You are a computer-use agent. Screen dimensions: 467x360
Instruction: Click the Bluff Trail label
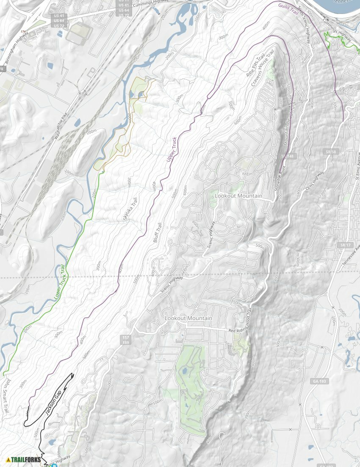(157, 232)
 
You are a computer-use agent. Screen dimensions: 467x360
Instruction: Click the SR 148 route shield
(287, 156)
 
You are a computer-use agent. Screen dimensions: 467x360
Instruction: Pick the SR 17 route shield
(344, 245)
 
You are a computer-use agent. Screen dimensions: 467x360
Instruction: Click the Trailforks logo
(24, 459)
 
